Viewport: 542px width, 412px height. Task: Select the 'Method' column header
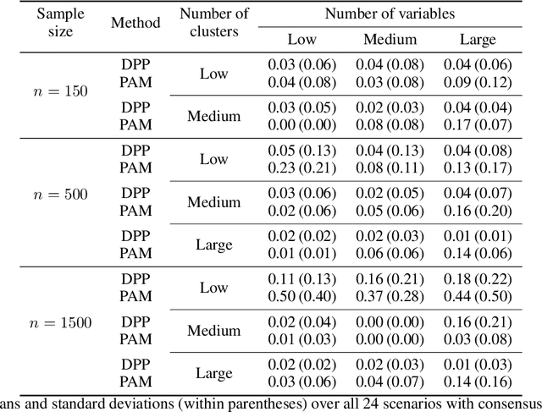(x=135, y=22)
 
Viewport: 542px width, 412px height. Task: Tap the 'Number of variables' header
(x=389, y=13)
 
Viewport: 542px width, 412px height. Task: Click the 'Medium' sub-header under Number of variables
(x=390, y=40)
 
